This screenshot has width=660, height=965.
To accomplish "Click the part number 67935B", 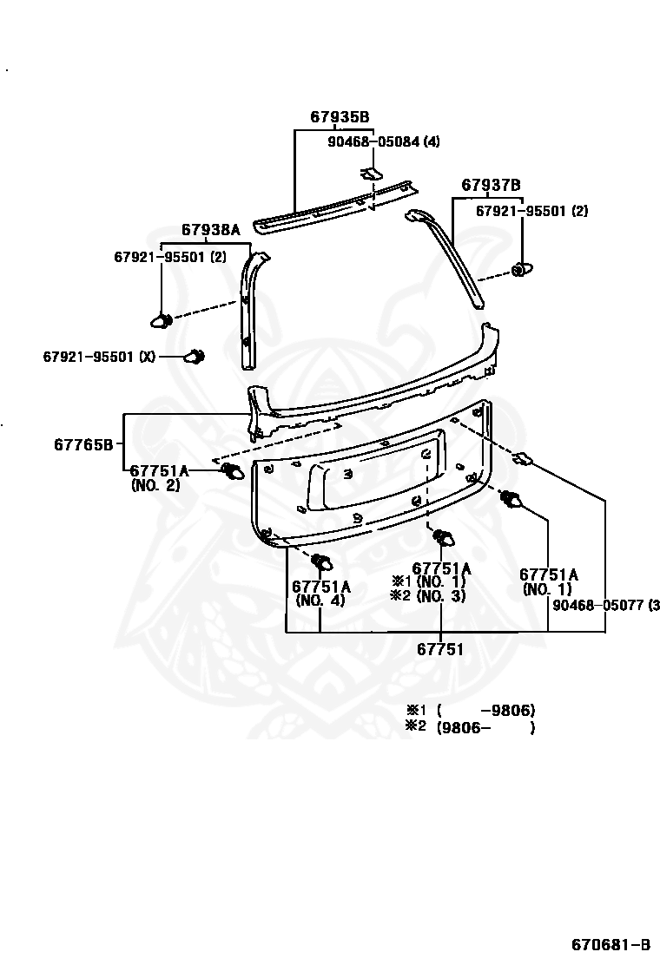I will point(340,117).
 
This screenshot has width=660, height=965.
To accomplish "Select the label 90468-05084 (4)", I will point(383,141).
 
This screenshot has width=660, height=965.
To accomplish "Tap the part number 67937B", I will point(491,185).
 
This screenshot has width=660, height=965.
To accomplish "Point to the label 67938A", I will point(210,230).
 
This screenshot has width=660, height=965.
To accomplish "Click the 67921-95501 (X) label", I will point(100,357).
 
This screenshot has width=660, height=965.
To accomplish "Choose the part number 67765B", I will point(83,445).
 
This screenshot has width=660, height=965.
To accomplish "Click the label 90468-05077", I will point(599,605).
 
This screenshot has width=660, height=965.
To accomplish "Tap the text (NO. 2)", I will point(155,486).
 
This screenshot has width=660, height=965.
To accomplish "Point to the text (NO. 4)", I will point(320,600).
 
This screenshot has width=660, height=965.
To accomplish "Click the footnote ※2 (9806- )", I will point(469,727).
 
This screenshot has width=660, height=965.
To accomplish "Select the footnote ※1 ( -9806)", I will point(469,709).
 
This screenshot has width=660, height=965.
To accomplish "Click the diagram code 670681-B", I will point(610,943).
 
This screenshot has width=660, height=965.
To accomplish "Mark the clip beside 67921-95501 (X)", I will point(195,356).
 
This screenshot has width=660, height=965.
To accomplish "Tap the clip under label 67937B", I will point(520,270).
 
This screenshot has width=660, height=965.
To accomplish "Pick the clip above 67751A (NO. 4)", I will point(323,561).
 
